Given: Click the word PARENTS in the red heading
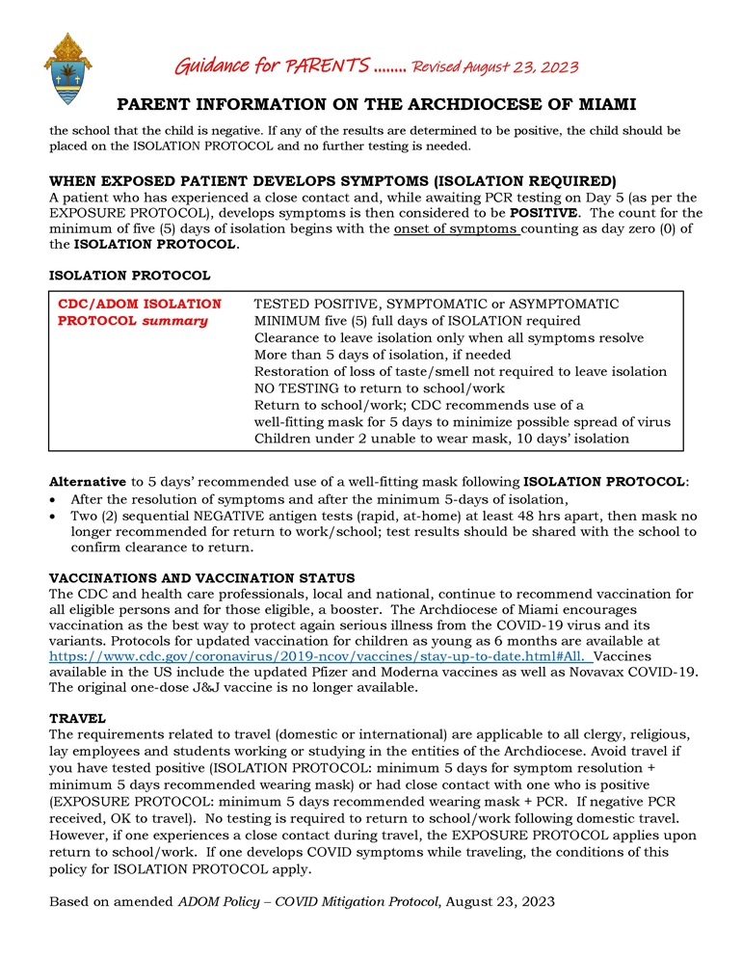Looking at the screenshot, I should point(327,66).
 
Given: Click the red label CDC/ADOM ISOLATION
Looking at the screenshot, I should point(140,304).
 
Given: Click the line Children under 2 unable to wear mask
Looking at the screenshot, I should point(441,439).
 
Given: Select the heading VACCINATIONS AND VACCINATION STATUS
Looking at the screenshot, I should point(202,577).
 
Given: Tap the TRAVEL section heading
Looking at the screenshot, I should point(77,719).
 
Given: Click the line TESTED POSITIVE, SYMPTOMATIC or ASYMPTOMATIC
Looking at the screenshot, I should point(436,304).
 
